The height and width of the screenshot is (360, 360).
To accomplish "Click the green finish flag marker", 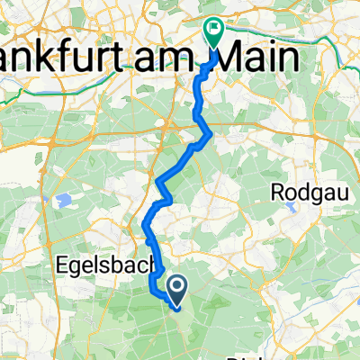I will click(214, 33).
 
